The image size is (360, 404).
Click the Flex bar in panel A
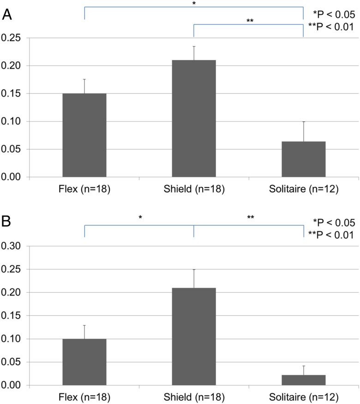click(84, 135)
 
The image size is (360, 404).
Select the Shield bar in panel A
click(194, 119)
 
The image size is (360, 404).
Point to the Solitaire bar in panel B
click(303, 380)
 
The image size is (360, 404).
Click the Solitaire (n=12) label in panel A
click(303, 190)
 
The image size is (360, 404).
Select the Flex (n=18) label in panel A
click(84, 190)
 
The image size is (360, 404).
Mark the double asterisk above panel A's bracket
click(250, 21)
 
